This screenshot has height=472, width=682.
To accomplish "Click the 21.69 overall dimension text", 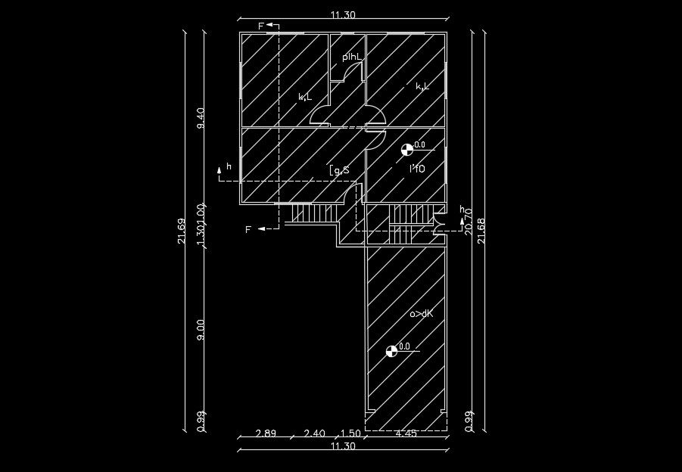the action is coord(182,231).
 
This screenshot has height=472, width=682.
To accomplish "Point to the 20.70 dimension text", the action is coord(469,222).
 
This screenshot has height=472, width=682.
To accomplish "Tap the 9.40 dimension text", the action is coord(201,118).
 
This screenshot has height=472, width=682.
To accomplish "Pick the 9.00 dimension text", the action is coord(201,329).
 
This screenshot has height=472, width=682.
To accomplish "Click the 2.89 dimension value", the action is coord(266,433).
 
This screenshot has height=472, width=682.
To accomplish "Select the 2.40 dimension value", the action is coord(314,433).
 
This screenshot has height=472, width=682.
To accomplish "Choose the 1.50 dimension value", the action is coord(350,433).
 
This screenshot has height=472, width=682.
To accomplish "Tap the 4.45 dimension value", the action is coord(406,433).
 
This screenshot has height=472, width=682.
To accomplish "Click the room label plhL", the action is coord(353,57).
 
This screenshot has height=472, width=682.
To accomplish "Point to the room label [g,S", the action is coord(339,170).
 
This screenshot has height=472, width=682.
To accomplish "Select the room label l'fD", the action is coord(417,169).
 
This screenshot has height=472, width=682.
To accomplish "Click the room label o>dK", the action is coord(421,313).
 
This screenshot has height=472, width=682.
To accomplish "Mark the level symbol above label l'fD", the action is coord(407,149).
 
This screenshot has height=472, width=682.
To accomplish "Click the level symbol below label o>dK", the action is coord(391,350).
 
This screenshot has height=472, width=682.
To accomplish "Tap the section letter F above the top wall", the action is coord(261,26).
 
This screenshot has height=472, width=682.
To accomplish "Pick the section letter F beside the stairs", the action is coord(248,230).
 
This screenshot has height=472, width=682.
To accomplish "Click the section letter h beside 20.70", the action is coord(462,209).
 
